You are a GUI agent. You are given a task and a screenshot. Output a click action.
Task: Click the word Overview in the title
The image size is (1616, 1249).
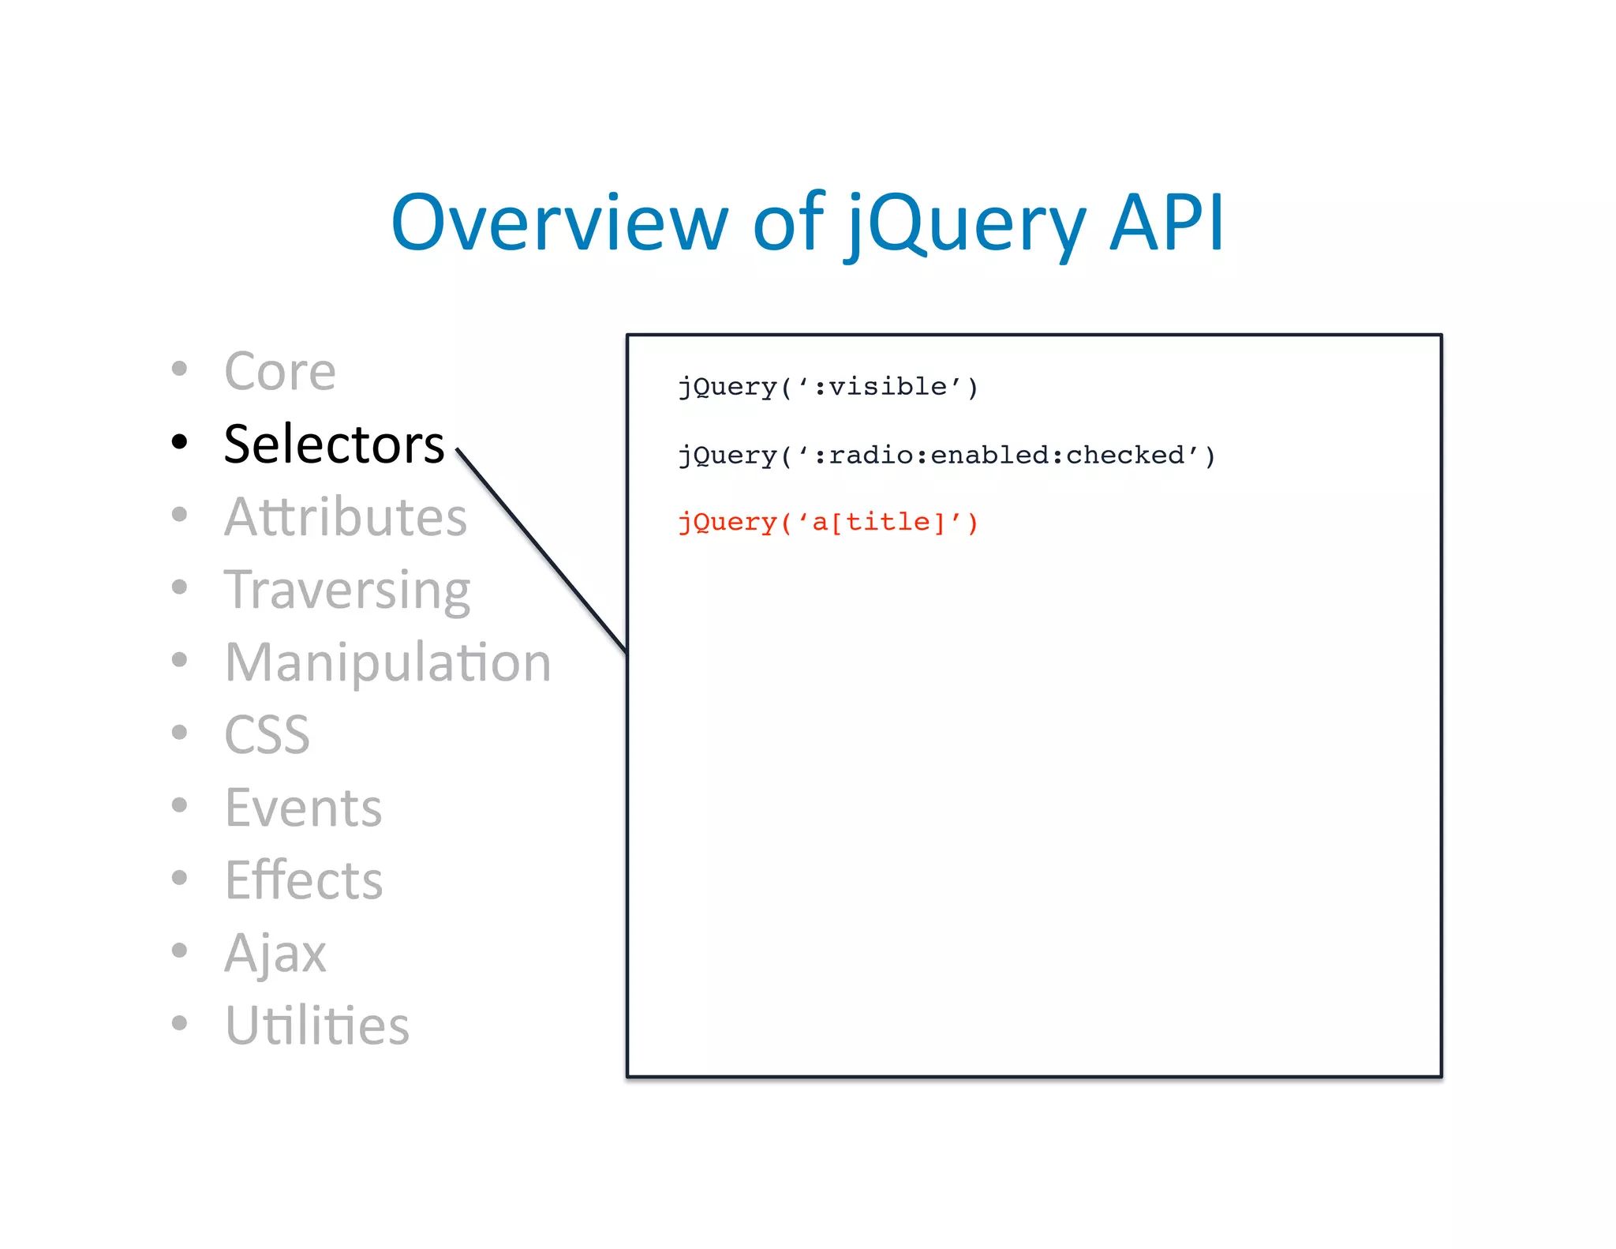click(559, 223)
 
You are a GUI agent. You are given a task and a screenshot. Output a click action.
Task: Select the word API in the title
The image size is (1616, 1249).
click(1166, 223)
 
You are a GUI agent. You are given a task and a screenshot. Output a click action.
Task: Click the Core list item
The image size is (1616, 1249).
click(280, 371)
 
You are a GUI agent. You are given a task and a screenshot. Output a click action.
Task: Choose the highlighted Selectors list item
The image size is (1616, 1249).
click(334, 444)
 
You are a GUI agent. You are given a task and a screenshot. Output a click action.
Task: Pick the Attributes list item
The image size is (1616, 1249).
click(346, 517)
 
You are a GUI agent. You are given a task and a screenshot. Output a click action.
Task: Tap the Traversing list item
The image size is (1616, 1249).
click(347, 590)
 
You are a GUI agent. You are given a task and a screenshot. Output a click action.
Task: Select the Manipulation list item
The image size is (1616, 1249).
click(387, 662)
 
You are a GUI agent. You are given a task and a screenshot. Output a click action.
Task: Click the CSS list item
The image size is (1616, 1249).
click(267, 735)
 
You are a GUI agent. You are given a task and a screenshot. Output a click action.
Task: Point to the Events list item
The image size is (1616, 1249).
click(303, 808)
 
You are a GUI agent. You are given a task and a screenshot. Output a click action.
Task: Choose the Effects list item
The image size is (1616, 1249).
click(304, 880)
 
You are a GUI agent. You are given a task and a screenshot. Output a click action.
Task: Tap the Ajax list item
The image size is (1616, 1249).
click(275, 953)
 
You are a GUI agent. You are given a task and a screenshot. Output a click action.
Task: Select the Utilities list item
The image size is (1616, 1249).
click(316, 1026)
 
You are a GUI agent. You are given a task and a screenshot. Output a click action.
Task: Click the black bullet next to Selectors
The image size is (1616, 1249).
click(180, 441)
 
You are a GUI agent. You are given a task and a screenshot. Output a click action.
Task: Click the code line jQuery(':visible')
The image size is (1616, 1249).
click(828, 387)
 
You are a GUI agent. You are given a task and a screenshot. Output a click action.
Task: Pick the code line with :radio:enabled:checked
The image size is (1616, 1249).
click(946, 456)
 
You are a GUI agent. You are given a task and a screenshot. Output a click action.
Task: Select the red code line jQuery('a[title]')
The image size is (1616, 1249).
click(828, 523)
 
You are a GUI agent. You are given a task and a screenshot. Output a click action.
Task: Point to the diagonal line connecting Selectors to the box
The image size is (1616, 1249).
click(541, 551)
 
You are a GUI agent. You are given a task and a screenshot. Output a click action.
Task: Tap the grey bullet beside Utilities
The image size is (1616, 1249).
click(180, 1022)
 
